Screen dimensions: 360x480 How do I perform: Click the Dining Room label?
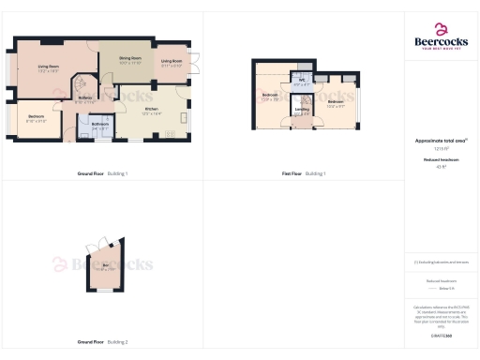129,58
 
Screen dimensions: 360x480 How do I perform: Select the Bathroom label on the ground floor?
100,123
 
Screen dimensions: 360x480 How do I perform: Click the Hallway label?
84,97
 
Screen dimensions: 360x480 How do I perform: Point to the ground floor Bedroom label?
37,117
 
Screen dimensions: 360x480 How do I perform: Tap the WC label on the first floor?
301,82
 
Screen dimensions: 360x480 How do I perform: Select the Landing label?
302,109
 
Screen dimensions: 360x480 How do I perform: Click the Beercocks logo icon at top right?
441,29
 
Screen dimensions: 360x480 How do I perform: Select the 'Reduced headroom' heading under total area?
441,160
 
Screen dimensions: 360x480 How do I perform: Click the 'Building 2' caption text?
118,341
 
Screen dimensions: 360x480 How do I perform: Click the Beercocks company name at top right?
441,41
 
